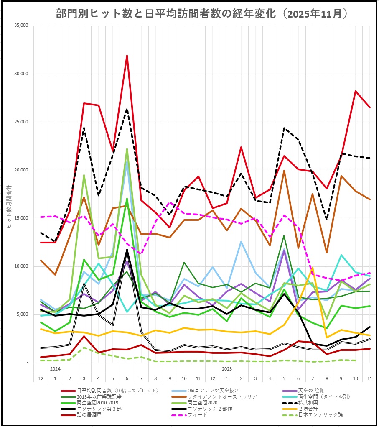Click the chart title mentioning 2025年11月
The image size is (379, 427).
(202, 13)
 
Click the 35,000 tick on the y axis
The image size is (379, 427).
(20, 26)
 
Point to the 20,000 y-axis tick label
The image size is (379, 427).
(20, 170)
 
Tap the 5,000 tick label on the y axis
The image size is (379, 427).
(22, 314)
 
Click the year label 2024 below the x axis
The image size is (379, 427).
(55, 369)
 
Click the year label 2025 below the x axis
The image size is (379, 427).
(227, 369)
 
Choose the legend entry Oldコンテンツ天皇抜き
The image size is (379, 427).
(213, 390)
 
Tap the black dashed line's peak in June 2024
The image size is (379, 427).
(127, 110)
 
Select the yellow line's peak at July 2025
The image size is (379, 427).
(313, 268)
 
